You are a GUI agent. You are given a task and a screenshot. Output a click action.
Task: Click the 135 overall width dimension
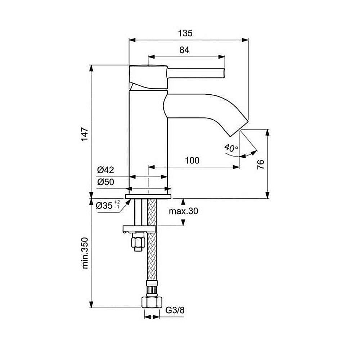[x=185, y=33]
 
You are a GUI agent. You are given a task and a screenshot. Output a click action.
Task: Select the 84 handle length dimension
[x=184, y=50]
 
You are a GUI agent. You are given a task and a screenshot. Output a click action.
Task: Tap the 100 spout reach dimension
[x=192, y=161]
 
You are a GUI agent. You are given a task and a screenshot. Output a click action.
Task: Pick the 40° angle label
[x=230, y=148]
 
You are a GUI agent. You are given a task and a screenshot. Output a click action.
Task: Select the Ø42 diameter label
[x=105, y=170]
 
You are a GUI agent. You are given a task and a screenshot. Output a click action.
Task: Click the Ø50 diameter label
[x=105, y=182]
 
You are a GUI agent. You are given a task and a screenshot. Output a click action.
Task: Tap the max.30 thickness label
[x=184, y=211]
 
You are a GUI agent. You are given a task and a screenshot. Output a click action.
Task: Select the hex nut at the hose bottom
[x=151, y=302]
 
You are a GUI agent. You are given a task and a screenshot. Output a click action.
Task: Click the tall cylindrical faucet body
[x=148, y=140]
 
